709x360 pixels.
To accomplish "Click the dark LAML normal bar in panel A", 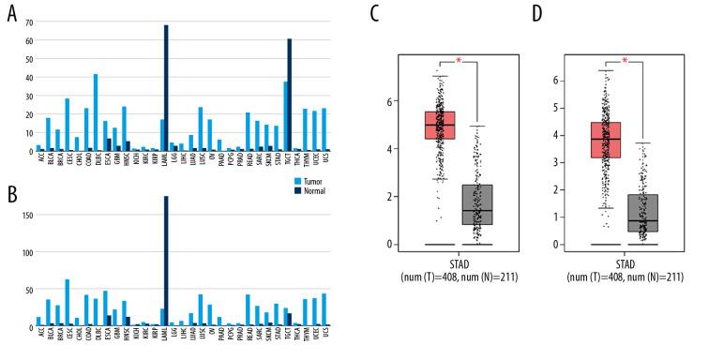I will pos(167,88).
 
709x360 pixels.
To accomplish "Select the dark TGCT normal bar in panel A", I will pos(290,95).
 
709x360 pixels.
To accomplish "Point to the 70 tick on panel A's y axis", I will pos(25,22).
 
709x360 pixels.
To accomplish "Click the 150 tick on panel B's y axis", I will pos(23,215).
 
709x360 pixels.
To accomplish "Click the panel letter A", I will pos(12,14).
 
